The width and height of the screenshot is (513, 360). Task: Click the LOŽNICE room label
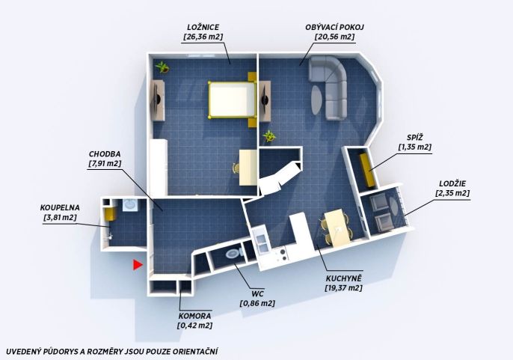(x=203, y=27)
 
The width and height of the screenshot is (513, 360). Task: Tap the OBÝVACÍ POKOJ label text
(x=334, y=27)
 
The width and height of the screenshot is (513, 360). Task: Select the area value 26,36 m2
(x=203, y=37)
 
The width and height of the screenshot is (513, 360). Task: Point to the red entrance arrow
(x=138, y=265)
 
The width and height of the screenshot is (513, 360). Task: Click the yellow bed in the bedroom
(x=232, y=100)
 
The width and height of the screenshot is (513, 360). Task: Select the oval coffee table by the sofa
(x=316, y=100)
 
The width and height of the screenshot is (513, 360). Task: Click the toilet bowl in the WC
(x=233, y=253)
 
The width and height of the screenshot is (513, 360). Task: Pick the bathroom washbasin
(x=131, y=205)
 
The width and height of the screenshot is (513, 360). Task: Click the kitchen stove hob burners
(x=281, y=254)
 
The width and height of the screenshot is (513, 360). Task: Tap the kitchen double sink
(x=262, y=242)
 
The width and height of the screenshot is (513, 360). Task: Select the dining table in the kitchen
(x=337, y=228)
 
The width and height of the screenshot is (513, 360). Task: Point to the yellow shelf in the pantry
(x=367, y=170)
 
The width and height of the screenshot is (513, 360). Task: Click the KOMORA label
(x=194, y=316)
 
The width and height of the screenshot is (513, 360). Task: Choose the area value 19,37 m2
(x=343, y=288)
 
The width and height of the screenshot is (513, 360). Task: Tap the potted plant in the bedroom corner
(x=162, y=67)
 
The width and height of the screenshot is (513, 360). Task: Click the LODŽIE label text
(x=453, y=183)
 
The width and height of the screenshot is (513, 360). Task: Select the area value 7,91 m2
(x=105, y=163)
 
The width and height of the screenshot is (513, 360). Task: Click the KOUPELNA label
(x=60, y=207)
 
